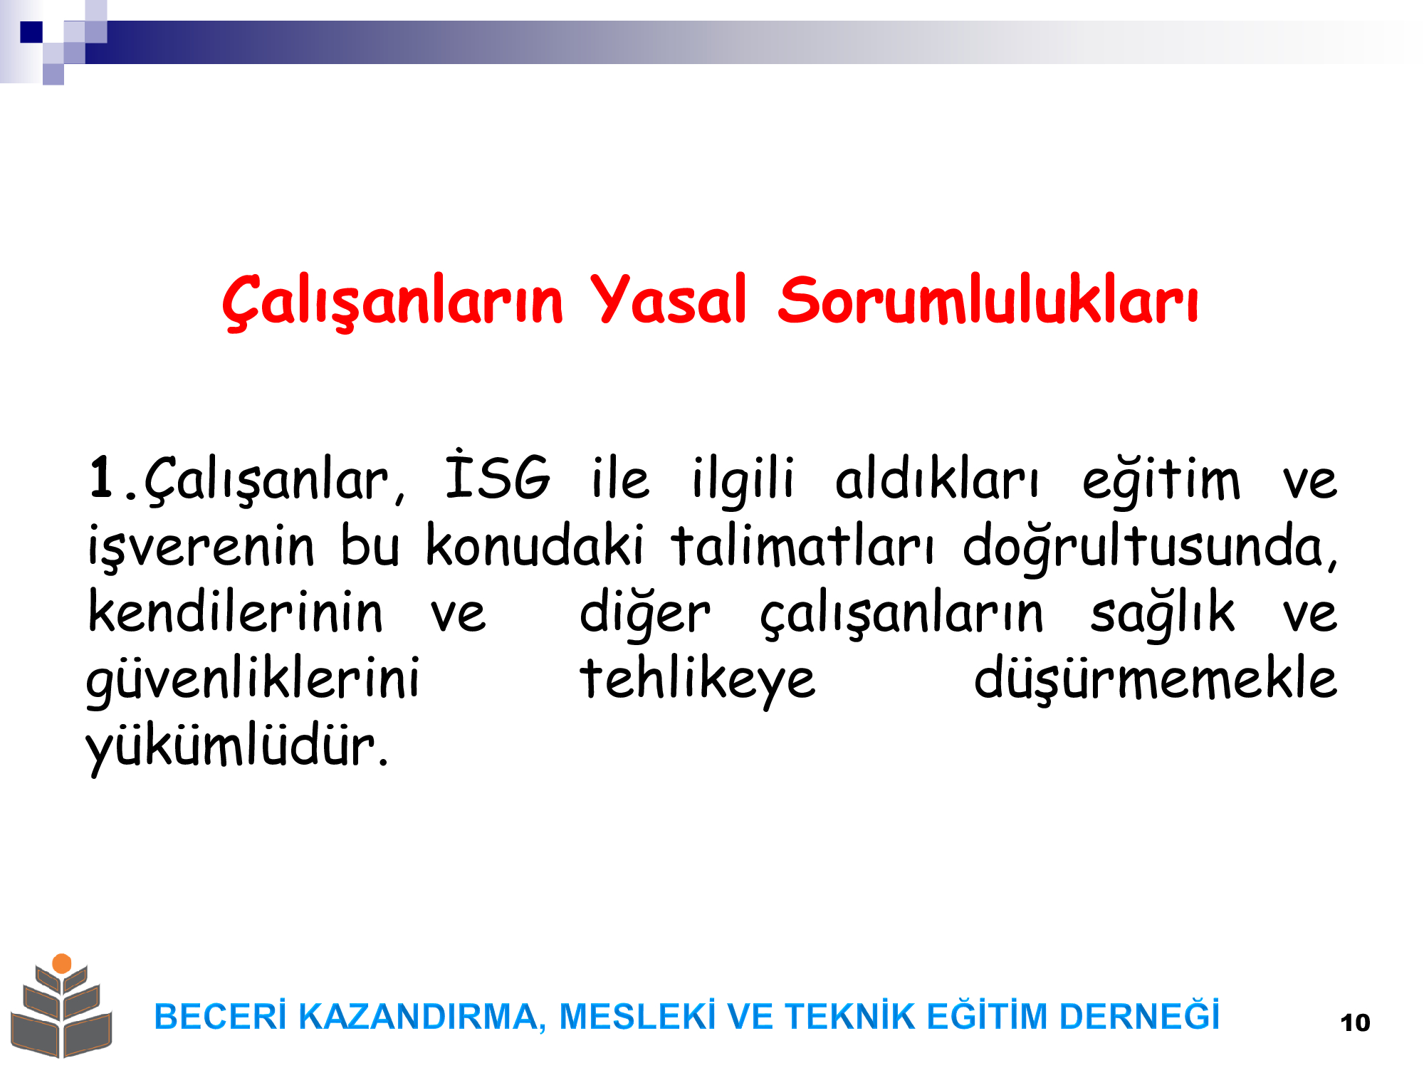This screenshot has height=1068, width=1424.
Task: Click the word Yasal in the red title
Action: coord(668,300)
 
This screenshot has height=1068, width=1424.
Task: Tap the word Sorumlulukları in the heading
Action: coord(988,300)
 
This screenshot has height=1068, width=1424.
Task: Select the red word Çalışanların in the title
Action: coord(392,301)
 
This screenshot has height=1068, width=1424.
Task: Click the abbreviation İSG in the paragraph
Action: coord(498,475)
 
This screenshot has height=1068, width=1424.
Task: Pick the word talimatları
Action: coord(802,545)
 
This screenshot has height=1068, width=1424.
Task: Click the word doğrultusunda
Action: coord(1151,546)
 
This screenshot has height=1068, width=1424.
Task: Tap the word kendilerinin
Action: coord(236,611)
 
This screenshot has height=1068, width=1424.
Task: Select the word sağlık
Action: coord(1163,612)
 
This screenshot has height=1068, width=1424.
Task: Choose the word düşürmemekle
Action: coord(1156,679)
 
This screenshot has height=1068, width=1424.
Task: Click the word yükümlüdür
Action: coord(237,748)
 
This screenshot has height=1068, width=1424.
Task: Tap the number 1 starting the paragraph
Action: coord(102,477)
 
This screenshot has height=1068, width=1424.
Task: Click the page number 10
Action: coord(1355,1022)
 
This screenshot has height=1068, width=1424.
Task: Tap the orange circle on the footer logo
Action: coord(62,963)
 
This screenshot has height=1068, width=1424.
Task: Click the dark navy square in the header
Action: coord(31,32)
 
